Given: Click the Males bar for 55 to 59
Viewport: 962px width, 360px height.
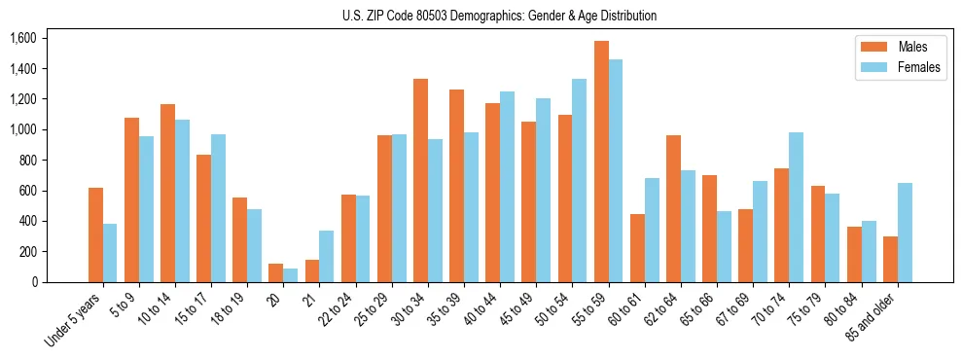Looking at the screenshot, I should pyautogui.click(x=601, y=162).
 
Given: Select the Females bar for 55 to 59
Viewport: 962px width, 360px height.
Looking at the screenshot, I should pyautogui.click(x=616, y=170).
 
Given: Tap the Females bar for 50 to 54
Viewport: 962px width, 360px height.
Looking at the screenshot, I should pyautogui.click(x=580, y=180).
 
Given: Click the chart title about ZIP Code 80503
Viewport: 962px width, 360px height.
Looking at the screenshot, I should pyautogui.click(x=499, y=16).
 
